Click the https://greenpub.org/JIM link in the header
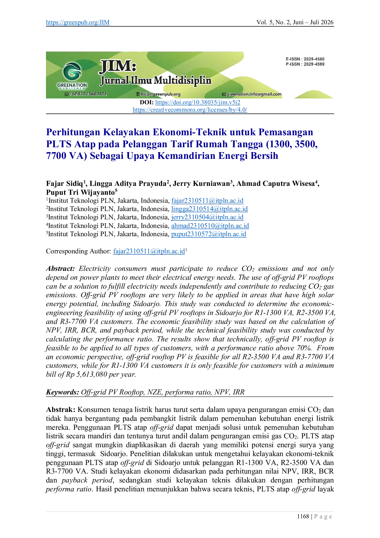78,22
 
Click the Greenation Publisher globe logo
72,71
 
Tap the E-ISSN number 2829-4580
314,59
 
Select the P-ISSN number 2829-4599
314,64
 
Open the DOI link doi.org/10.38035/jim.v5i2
198,102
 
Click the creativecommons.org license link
190,110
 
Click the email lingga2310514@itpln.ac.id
210,209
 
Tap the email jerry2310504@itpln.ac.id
207,217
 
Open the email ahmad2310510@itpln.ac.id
210,226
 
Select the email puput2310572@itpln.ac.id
209,234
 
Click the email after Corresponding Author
149,251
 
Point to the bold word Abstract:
60,269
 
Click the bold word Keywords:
63,392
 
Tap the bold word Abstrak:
61,410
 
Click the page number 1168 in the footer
303,517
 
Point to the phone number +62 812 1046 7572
88,94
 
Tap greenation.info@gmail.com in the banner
254,94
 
